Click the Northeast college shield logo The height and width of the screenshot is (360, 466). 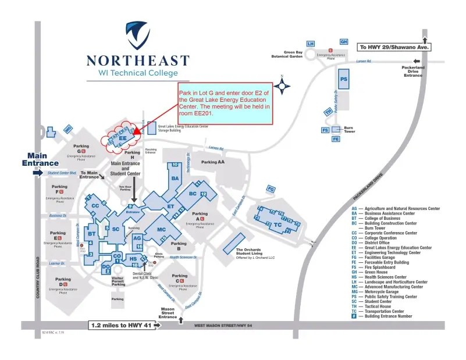[x=138, y=35]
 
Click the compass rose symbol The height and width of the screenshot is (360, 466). [x=283, y=87]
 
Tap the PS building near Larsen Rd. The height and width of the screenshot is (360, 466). [x=344, y=79]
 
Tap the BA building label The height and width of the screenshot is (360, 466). [x=175, y=178]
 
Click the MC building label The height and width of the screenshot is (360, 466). [x=162, y=229]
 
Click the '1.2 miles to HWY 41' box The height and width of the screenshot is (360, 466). [x=124, y=325]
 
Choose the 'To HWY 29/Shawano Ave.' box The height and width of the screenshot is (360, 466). [x=393, y=47]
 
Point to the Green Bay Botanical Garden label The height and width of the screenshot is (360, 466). [x=287, y=54]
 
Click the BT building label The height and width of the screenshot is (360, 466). [x=91, y=234]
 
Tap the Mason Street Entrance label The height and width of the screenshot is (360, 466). [x=168, y=313]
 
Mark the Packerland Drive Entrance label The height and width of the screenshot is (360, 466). [x=414, y=71]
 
